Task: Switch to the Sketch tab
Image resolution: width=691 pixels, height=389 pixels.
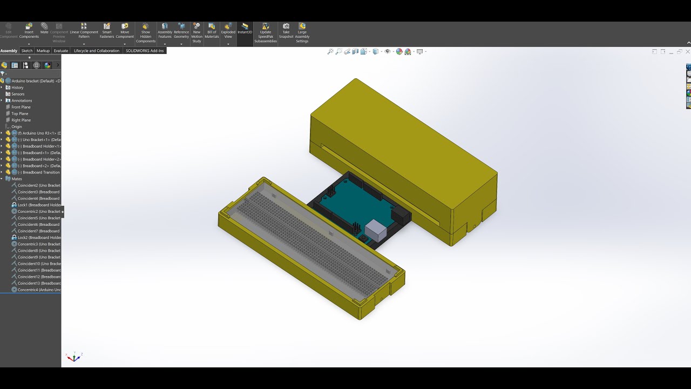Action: pos(27,51)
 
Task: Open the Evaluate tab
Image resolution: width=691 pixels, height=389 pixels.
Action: pos(61,51)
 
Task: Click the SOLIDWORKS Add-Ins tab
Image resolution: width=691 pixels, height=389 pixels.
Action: pos(145,51)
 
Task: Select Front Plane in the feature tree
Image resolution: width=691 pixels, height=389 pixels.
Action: pos(21,107)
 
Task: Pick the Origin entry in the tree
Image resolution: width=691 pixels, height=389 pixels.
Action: pos(17,126)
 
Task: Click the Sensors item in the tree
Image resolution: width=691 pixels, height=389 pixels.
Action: pos(18,94)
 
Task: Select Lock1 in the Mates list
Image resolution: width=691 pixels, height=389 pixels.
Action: pos(38,205)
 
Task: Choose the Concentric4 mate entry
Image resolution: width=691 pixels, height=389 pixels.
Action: pos(38,290)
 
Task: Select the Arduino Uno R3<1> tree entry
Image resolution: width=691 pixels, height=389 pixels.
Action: pos(40,133)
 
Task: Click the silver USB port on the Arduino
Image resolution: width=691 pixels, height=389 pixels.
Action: pos(376,231)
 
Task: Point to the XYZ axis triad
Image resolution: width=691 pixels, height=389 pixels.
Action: pos(73,357)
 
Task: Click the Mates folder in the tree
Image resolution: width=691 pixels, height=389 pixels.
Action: pos(17,179)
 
